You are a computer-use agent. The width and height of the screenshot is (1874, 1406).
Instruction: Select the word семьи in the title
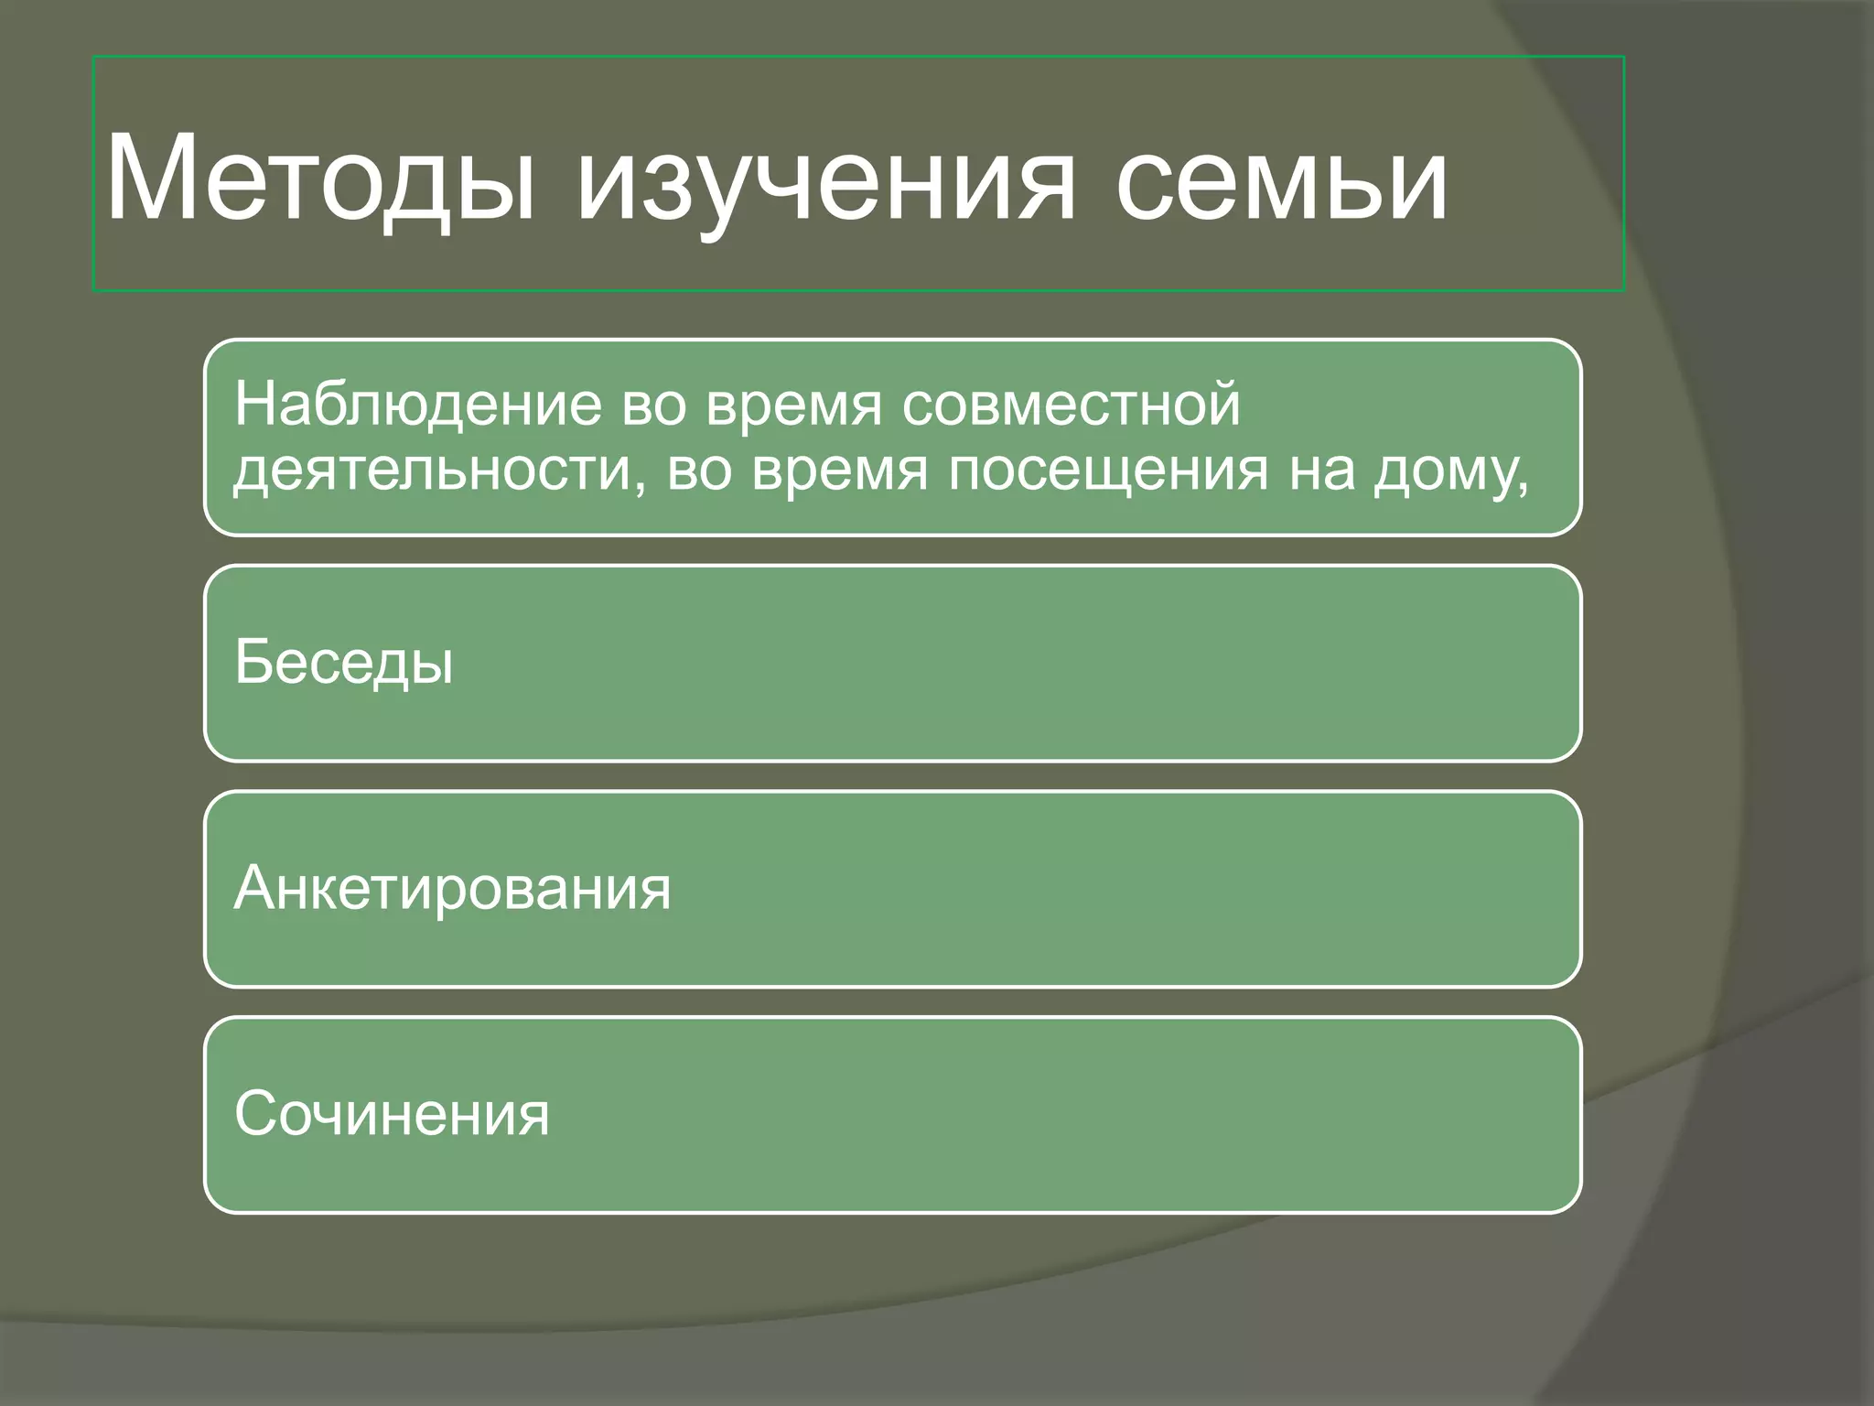coord(1281,178)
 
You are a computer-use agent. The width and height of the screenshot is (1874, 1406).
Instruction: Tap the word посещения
coord(1108,470)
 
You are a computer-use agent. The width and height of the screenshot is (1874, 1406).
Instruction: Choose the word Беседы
coord(344,663)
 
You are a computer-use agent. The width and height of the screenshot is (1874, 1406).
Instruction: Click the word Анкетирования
coord(452,889)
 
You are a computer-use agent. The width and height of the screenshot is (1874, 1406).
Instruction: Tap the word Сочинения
coord(392,1115)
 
